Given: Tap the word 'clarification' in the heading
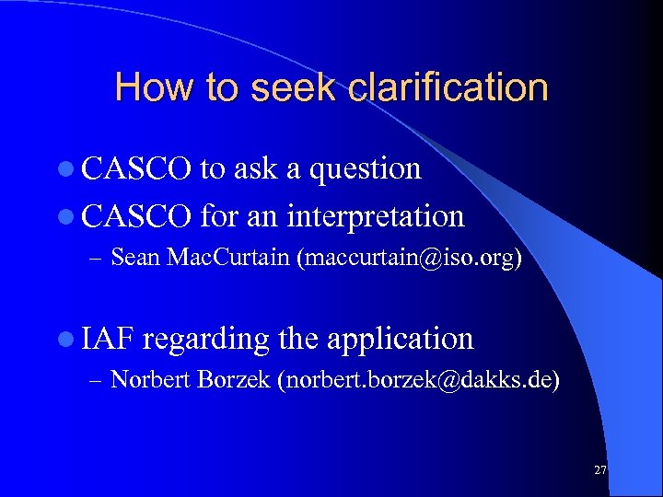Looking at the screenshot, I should (449, 88).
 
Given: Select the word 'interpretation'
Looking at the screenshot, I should (376, 216).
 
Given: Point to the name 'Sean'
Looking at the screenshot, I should (135, 258).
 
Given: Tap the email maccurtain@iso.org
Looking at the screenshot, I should (410, 258).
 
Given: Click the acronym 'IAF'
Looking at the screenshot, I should (108, 339).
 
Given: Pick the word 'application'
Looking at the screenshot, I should (400, 339).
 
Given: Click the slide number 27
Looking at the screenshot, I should (600, 470).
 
